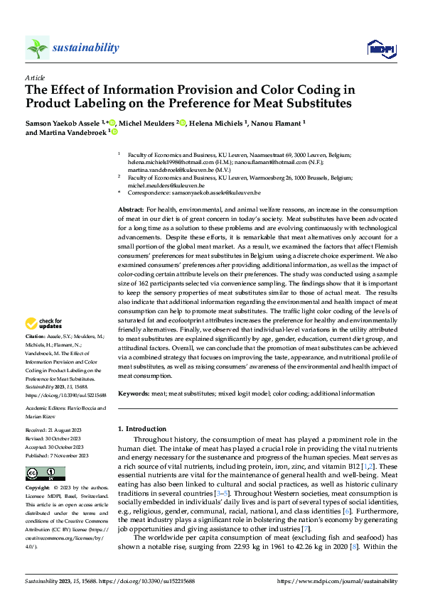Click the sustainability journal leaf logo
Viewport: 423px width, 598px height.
pos(37,48)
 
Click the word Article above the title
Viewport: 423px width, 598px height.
pos(35,77)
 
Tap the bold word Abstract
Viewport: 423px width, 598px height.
pos(130,211)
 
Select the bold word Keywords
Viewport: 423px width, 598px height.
pos(133,393)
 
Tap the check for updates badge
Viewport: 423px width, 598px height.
pos(45,325)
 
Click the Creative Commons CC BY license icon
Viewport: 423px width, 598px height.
pos(45,474)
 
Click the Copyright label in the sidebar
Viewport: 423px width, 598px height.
pos(38,488)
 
